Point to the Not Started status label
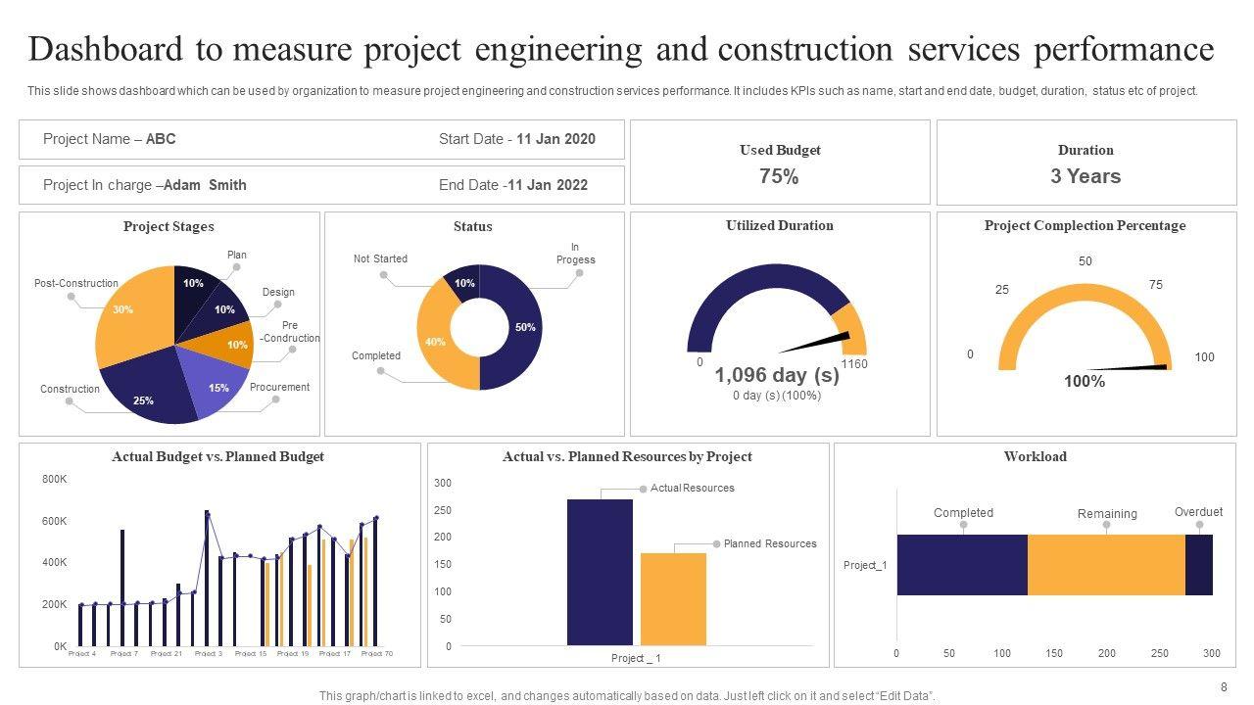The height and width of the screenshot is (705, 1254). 380,258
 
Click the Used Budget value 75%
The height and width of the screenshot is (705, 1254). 779,176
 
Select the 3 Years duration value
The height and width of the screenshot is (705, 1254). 1085,176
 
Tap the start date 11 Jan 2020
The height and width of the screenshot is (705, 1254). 555,139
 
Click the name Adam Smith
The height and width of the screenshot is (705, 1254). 205,184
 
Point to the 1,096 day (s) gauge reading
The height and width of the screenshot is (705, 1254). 777,375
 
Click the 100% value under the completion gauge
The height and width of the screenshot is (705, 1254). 1085,382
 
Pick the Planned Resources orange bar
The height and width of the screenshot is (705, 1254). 673,598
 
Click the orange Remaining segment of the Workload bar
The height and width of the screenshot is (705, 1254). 1106,565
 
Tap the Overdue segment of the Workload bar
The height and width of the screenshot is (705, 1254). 1199,565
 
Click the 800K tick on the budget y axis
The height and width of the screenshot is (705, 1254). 54,479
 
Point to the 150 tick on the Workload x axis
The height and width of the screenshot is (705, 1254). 1054,653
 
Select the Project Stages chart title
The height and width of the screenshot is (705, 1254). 169,226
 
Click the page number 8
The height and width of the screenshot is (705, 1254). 1224,686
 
